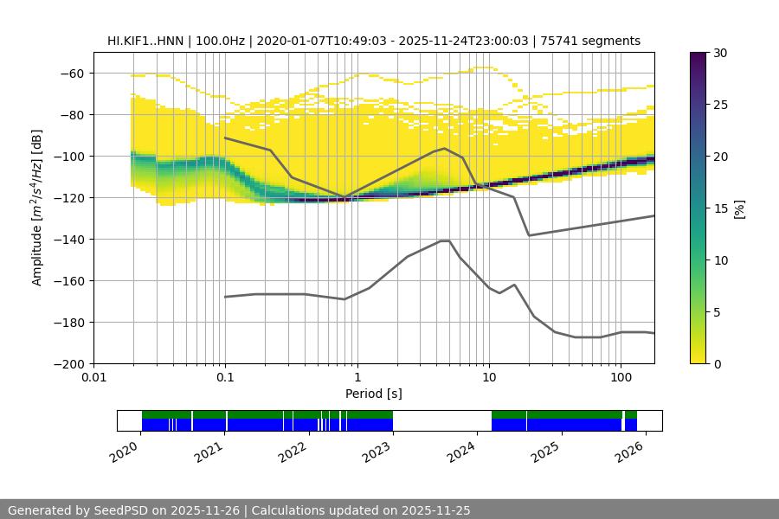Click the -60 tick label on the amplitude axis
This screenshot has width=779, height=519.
point(70,74)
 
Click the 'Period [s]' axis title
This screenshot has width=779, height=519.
point(374,394)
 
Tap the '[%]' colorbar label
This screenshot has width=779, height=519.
point(738,208)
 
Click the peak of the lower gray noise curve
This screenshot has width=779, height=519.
point(445,240)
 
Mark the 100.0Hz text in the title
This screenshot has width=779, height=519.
point(223,41)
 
